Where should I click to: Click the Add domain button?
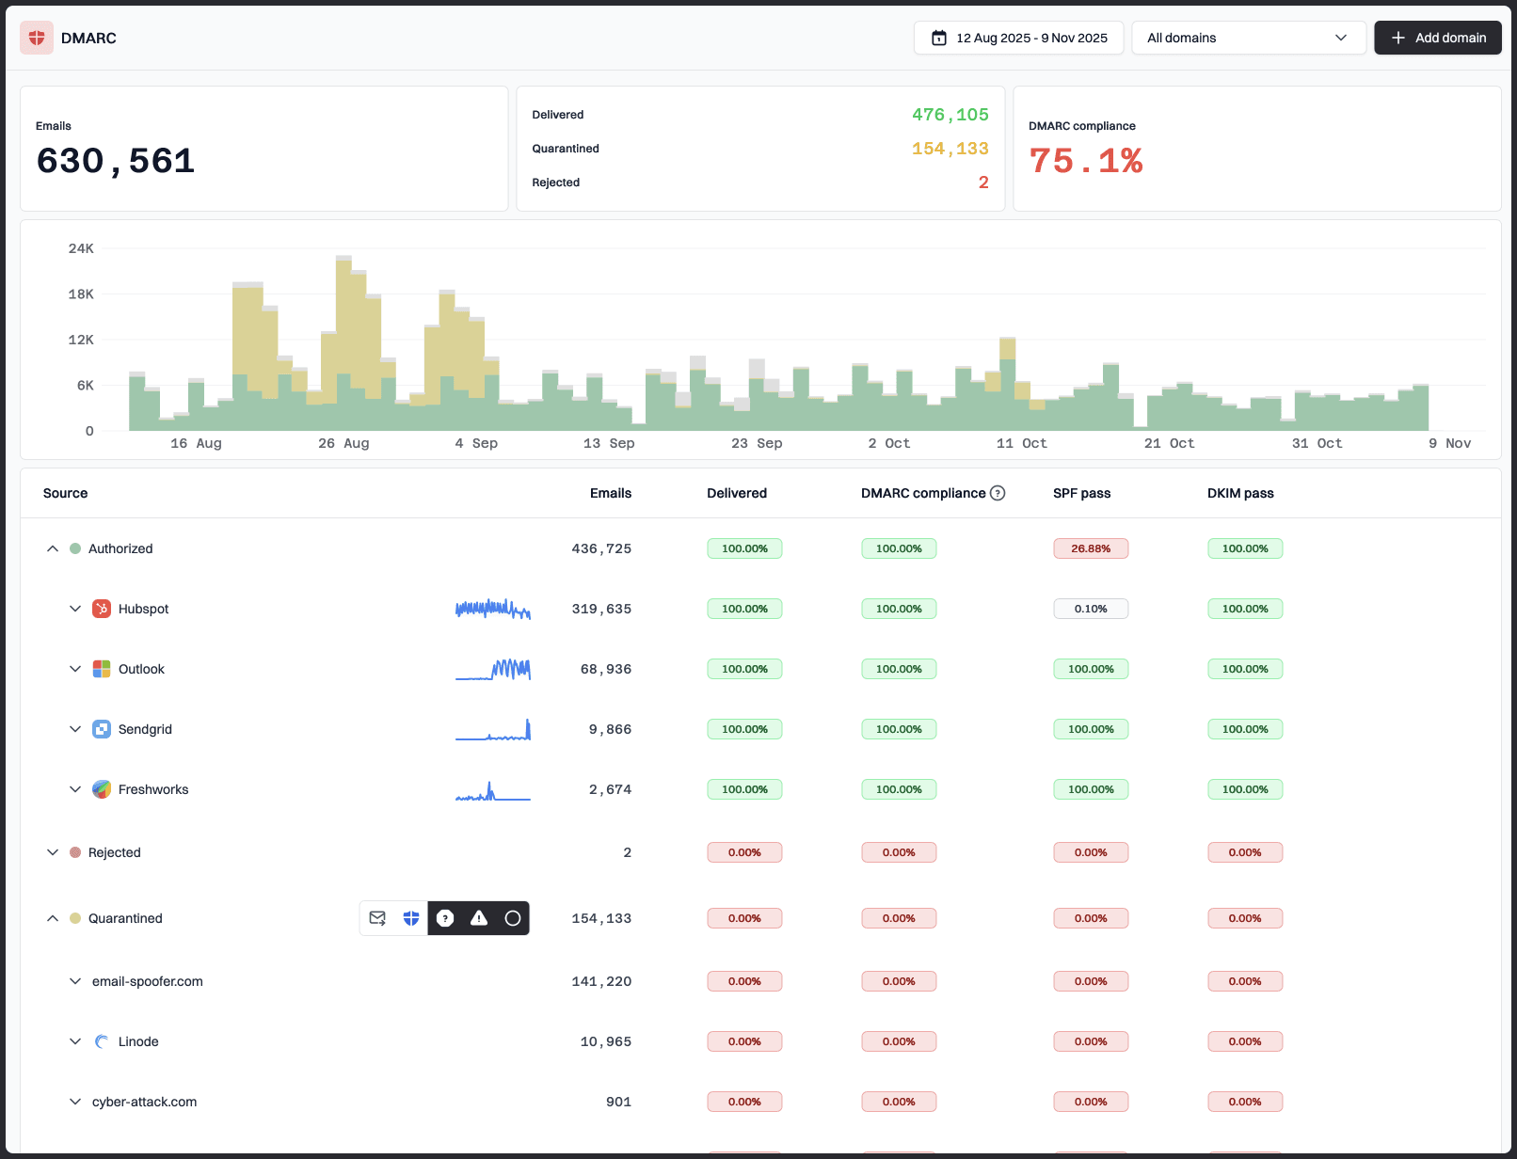coord(1437,38)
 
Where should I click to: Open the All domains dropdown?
coord(1248,38)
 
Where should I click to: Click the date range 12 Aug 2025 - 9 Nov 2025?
coord(1018,38)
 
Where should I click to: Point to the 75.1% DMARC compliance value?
coord(1085,161)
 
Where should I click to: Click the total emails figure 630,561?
coord(116,161)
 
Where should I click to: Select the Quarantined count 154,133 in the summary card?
coord(950,149)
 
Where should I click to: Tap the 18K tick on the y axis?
coord(81,294)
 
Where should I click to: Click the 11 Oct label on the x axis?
coord(1021,443)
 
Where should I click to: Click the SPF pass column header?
coord(1081,493)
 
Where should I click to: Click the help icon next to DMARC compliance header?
coord(998,493)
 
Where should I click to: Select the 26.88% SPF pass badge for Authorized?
coord(1090,548)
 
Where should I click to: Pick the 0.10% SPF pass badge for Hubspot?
coord(1090,609)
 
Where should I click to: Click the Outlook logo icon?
coord(102,669)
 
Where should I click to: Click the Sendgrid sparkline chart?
coord(493,730)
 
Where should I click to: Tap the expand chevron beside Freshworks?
coord(75,789)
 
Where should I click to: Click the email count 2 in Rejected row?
coord(627,852)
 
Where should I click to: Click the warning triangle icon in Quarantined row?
coord(479,918)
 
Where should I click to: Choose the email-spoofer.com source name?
coord(148,981)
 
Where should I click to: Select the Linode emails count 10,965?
coord(605,1041)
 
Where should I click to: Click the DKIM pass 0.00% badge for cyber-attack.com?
coord(1244,1102)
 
